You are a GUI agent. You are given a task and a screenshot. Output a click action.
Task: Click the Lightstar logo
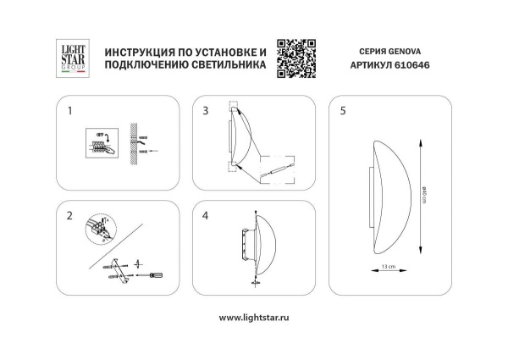tap(69, 59)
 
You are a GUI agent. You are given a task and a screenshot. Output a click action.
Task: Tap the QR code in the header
tap(296, 58)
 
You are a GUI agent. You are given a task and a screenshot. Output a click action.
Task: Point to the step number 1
tap(70, 111)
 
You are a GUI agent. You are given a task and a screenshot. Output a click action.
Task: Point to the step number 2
tap(70, 215)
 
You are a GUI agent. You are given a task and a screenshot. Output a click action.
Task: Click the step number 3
tap(206, 111)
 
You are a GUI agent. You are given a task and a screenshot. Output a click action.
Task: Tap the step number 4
tap(206, 215)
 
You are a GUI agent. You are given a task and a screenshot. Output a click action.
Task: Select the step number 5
tap(342, 111)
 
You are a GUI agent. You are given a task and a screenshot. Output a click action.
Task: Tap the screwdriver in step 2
tap(157, 274)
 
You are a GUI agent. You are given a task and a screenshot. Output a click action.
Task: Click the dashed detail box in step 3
tap(275, 174)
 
